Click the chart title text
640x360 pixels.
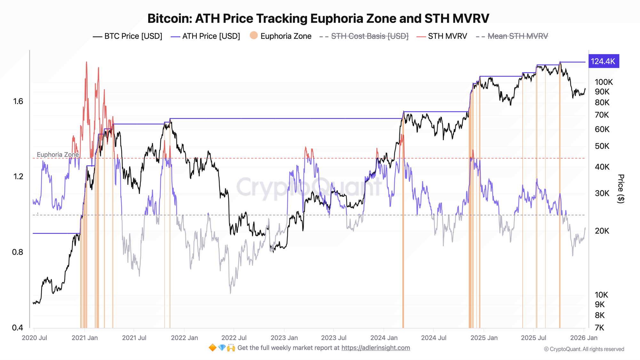(318, 19)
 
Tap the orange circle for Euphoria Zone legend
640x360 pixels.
(254, 36)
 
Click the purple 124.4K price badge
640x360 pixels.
(603, 61)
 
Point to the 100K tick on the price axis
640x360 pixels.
(604, 82)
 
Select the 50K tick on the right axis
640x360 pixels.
(602, 146)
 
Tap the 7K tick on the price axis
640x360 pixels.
(599, 328)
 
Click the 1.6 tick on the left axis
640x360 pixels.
(18, 101)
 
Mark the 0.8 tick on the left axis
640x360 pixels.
(18, 252)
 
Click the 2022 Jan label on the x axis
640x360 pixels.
(184, 338)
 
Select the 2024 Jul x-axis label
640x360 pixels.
(433, 338)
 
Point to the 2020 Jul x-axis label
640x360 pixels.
(34, 338)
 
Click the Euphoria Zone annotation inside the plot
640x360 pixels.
(58, 155)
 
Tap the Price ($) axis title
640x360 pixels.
(621, 188)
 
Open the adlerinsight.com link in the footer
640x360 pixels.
(375, 348)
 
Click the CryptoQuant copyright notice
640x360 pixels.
(584, 349)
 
